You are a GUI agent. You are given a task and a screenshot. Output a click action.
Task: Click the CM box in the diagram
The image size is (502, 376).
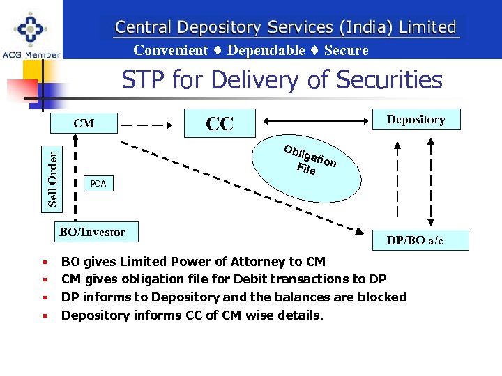(84, 124)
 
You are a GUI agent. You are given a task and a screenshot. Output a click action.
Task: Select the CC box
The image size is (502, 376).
(220, 123)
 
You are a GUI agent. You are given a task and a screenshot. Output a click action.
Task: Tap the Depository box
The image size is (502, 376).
(416, 120)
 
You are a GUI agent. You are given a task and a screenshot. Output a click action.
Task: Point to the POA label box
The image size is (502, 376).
(98, 184)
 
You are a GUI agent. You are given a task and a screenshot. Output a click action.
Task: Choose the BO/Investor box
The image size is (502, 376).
(92, 233)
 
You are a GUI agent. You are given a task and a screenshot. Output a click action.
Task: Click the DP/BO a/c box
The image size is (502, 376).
(415, 241)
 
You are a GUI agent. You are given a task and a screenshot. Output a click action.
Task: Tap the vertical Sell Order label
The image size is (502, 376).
(53, 178)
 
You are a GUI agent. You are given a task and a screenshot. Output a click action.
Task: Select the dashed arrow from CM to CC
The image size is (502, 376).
(147, 126)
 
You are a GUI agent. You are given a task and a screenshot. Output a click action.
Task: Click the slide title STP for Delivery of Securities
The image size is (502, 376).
(282, 80)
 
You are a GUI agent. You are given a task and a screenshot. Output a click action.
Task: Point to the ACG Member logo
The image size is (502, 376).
(31, 33)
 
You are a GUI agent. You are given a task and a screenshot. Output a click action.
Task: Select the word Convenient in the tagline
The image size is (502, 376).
(171, 50)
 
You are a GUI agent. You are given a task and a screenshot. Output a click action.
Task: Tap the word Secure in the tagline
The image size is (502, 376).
(347, 50)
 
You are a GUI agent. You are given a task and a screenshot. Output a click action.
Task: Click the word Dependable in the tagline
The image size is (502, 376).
(266, 50)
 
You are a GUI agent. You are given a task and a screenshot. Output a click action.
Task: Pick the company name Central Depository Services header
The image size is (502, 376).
(285, 27)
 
